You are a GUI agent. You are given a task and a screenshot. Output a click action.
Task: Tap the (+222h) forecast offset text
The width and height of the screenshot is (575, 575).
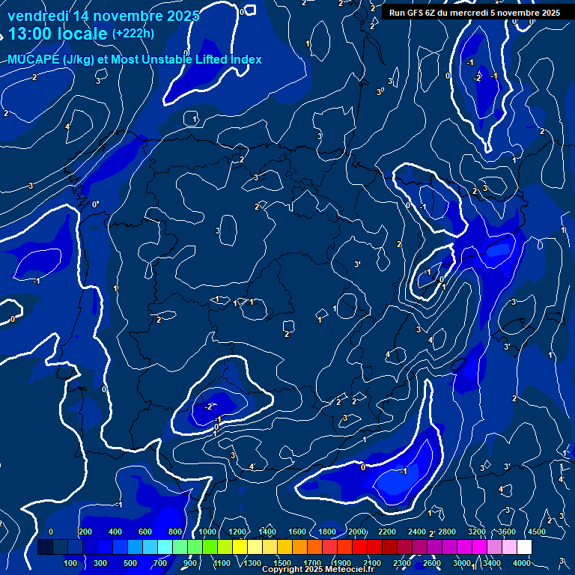[133, 33]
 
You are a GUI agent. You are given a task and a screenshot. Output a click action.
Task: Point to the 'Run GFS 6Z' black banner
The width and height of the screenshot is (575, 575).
[475, 13]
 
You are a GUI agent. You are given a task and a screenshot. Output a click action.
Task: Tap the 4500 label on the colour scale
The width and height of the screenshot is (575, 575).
[536, 532]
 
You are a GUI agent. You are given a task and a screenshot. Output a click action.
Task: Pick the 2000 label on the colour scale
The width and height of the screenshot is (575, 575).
[357, 532]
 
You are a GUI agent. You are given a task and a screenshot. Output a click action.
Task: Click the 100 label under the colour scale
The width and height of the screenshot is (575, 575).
[71, 563]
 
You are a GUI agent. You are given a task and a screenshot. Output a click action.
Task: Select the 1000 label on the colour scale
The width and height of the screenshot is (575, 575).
[207, 532]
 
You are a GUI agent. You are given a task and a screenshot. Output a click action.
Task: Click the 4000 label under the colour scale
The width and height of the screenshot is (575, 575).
[522, 563]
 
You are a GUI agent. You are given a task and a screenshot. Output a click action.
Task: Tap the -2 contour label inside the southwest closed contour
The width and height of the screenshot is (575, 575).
[210, 407]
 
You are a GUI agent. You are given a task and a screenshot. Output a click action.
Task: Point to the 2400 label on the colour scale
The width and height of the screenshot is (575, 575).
[417, 532]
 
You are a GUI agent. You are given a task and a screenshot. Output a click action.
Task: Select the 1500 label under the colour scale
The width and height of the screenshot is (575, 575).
[282, 563]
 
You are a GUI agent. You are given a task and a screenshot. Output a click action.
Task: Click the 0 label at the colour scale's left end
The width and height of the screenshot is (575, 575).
[51, 532]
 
